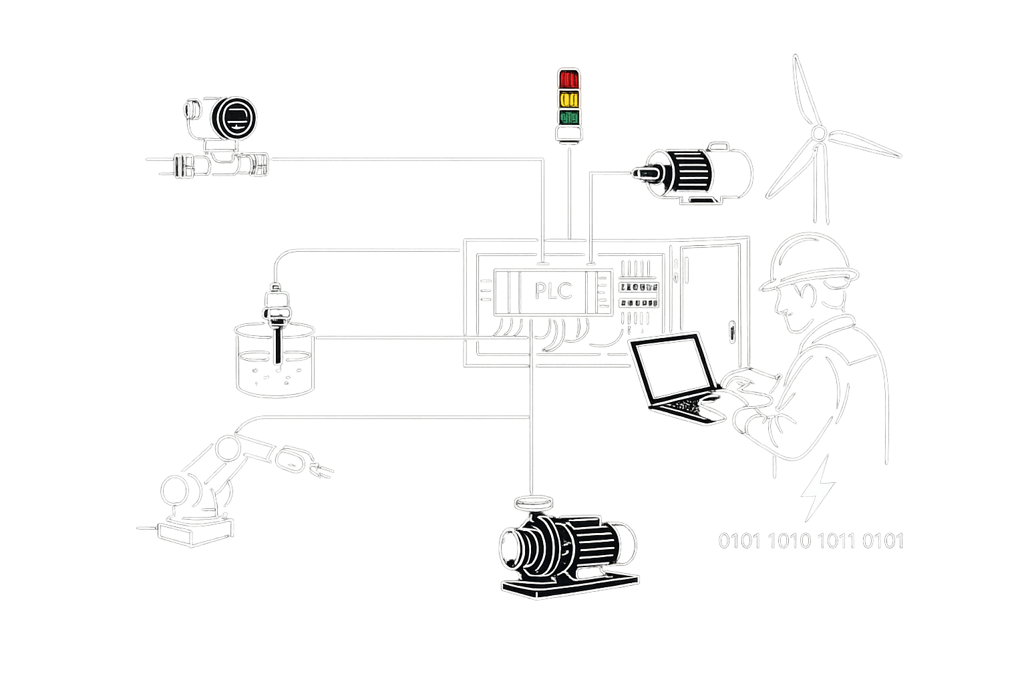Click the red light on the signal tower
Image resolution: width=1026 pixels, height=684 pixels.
[568, 79]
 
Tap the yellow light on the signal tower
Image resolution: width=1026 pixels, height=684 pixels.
[568, 99]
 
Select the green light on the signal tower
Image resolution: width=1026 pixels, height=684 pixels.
[568, 118]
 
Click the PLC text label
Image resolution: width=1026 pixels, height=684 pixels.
[554, 291]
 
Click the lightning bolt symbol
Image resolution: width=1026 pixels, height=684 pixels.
[819, 488]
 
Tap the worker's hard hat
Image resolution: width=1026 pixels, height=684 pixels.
[808, 263]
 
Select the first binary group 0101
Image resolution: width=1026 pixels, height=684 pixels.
[739, 541]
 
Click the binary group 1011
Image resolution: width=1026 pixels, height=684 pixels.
[836, 541]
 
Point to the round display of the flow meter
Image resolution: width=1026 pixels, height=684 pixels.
[235, 118]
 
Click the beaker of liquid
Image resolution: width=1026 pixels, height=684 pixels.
[275, 359]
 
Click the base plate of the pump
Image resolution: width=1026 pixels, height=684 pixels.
[570, 588]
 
